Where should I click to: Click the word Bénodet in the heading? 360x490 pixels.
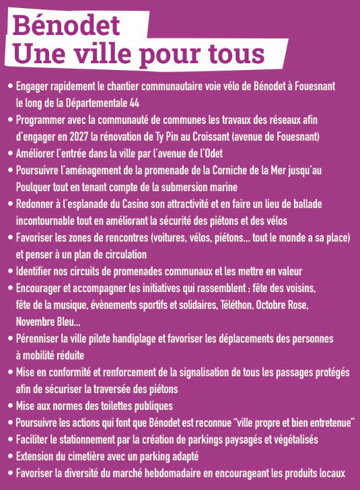click(67, 25)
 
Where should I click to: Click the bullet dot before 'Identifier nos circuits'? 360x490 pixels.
click(9, 272)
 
